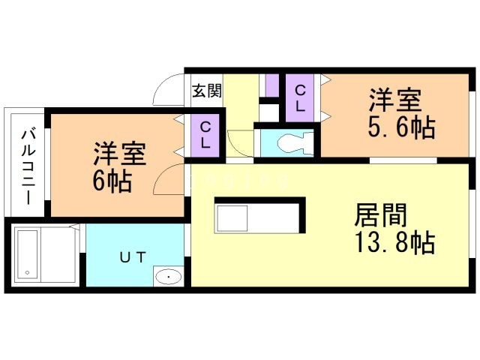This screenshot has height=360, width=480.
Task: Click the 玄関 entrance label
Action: coord(206,91)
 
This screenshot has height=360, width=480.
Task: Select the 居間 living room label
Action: coord(380,216)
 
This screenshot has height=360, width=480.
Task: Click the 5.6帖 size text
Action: coord(400,127)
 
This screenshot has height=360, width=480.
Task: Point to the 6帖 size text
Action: coord(112,181)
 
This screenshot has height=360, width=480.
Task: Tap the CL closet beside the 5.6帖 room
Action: coord(300,98)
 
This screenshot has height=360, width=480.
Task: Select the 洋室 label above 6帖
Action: coord(119,154)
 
